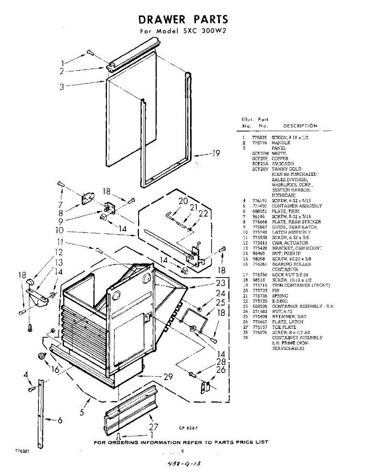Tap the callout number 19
tap(216, 154)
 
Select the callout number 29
tap(168, 376)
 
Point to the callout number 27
tap(153, 427)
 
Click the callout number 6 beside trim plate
tap(60, 420)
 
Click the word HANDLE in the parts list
tap(281, 142)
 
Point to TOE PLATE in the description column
tap(284, 327)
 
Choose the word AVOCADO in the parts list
tap(283, 163)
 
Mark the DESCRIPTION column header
tap(300, 126)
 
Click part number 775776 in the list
tap(259, 142)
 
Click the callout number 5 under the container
tap(82, 412)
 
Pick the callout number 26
tap(221, 370)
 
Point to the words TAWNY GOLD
tap(286, 169)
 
